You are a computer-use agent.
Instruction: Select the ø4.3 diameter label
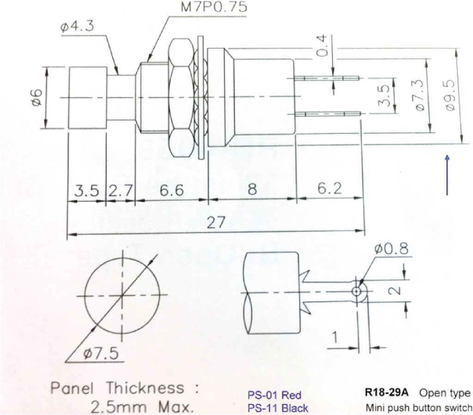(x=77, y=26)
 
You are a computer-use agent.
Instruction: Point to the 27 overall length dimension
(x=215, y=223)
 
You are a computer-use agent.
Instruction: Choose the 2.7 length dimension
(x=120, y=190)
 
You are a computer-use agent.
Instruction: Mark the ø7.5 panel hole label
(x=101, y=354)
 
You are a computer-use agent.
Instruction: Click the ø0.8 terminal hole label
(x=391, y=249)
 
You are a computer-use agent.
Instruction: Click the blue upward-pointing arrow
(x=447, y=175)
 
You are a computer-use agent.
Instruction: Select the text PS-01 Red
(x=274, y=395)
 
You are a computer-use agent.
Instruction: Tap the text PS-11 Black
(x=278, y=408)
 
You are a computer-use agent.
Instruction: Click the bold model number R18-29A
(x=387, y=393)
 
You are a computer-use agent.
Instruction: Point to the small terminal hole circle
(x=357, y=291)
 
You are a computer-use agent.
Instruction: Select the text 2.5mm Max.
(x=142, y=408)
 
